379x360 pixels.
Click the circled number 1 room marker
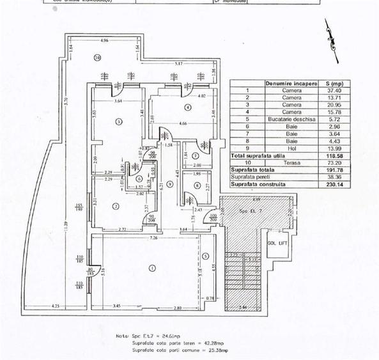coord(151,268)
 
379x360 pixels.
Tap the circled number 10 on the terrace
coord(97,58)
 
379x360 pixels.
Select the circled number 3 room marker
coord(118,121)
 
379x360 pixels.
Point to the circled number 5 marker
coord(205,256)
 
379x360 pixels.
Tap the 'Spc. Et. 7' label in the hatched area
coord(246,210)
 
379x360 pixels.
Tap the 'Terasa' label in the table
coord(291,162)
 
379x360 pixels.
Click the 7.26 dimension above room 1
coord(153,237)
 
